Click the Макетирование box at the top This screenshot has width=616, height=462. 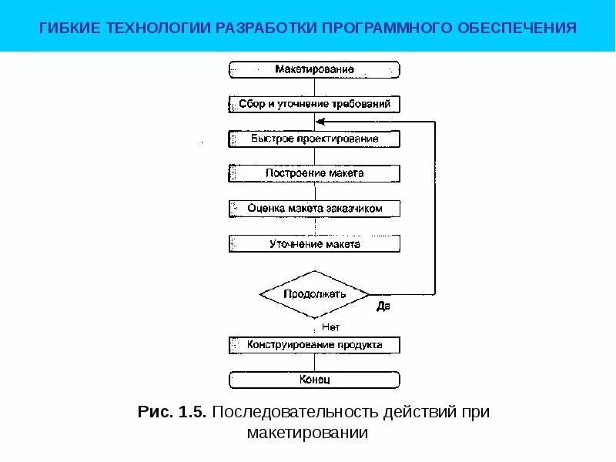[x=314, y=69]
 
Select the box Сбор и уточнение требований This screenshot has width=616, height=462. [x=314, y=103]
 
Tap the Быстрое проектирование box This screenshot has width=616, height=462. [x=314, y=139]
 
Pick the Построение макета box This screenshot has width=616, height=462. [x=314, y=173]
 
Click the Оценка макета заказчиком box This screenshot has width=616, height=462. [x=314, y=209]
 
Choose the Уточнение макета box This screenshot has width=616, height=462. [x=314, y=244]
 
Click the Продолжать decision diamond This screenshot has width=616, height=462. [x=314, y=294]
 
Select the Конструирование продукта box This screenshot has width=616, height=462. [x=314, y=344]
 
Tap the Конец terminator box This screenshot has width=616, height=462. [x=314, y=380]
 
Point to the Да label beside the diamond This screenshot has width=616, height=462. [x=383, y=306]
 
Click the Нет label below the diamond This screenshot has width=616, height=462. [x=330, y=326]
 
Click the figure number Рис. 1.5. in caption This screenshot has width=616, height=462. [x=172, y=412]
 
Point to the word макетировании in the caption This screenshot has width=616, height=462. [x=308, y=434]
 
